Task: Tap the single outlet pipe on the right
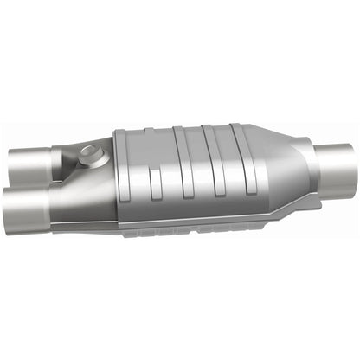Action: click(x=333, y=164)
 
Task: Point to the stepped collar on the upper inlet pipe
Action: click(x=57, y=159)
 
